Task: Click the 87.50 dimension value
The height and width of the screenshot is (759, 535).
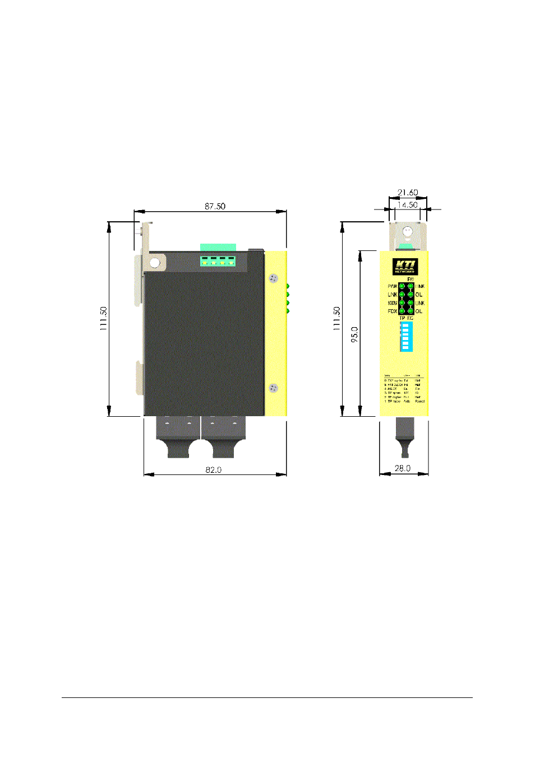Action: pos(215,206)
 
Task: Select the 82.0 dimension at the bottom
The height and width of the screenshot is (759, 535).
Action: pos(213,469)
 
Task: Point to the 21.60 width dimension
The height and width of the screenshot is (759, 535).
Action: pos(408,192)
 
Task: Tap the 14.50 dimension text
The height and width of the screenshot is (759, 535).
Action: pos(407,205)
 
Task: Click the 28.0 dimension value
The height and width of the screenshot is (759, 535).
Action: pos(403,468)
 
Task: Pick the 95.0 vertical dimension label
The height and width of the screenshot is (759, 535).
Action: pos(354,334)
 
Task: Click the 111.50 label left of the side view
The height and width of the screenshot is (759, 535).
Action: pos(104,318)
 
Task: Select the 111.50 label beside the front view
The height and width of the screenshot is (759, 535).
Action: pos(337,318)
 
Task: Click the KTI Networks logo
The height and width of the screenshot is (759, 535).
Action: pos(404,267)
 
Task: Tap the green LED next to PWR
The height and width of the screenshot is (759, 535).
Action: pos(402,286)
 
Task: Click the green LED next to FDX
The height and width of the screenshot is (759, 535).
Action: pos(402,311)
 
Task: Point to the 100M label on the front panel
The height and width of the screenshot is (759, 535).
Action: pos(392,303)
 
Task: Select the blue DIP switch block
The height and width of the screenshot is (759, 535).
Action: pos(406,336)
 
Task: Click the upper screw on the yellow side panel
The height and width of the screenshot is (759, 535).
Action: pos(274,278)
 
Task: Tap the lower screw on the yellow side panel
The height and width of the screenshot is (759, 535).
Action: pos(274,388)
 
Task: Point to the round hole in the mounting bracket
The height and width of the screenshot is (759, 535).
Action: pos(154,262)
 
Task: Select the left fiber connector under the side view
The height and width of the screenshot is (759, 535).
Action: pos(178,437)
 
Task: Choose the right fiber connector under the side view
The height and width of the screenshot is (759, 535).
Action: pos(223,437)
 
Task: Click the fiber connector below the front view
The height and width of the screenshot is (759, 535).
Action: pos(404,437)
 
